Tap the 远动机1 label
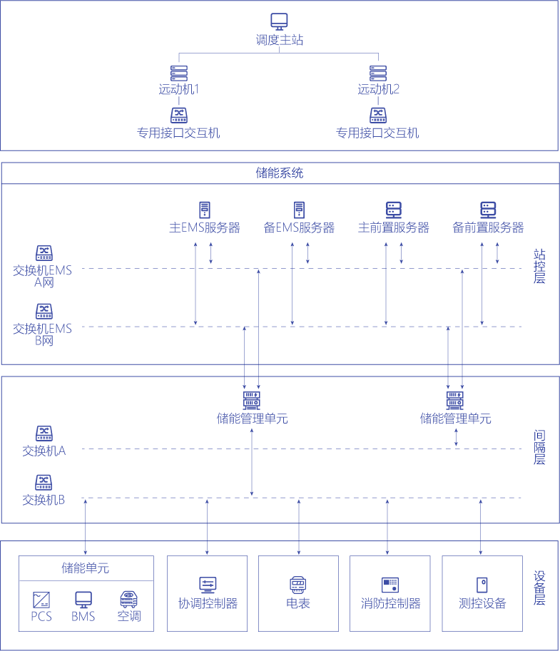(x=178, y=90)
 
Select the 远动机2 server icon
(x=378, y=73)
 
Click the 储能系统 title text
(x=280, y=173)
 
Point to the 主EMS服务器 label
(x=204, y=228)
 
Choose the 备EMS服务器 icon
(x=299, y=210)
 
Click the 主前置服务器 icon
(x=394, y=210)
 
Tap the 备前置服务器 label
(x=489, y=228)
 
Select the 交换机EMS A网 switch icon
(x=44, y=253)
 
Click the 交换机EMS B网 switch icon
(x=44, y=311)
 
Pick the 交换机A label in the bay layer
(x=44, y=451)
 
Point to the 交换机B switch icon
(x=44, y=481)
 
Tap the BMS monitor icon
(x=83, y=598)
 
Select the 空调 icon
(x=128, y=598)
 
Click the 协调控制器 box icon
(x=208, y=585)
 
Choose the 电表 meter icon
(x=298, y=585)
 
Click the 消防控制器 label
(x=390, y=604)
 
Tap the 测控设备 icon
(x=482, y=585)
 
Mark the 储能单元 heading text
(x=86, y=568)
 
